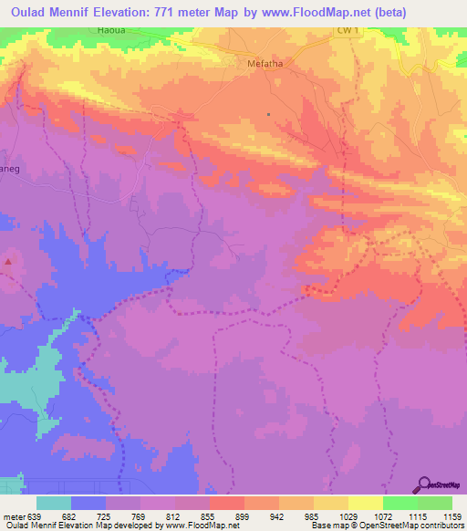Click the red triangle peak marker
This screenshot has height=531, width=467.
(9, 262)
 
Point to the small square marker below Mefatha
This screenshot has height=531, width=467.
(268, 114)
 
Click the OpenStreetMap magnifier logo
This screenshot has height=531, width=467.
(425, 484)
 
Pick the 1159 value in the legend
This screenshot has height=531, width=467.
(453, 515)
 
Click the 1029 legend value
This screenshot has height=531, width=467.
(349, 515)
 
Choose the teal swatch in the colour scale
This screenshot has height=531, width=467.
(54, 503)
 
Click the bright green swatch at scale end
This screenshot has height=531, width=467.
(435, 503)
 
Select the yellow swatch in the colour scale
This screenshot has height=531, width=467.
(366, 503)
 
